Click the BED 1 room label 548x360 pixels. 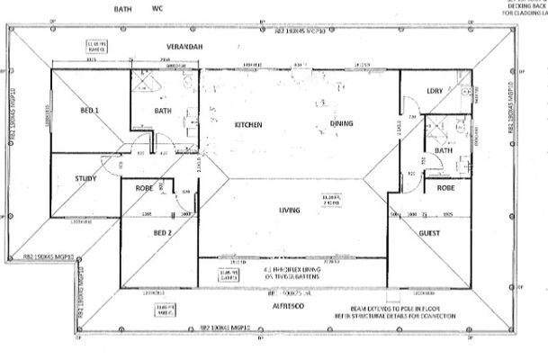point(88,111)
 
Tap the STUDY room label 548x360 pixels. point(85,178)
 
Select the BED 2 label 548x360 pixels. point(162,232)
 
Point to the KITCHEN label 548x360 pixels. point(248,124)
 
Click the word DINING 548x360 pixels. point(341,124)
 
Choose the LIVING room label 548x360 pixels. point(289,210)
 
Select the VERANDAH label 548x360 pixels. point(184,45)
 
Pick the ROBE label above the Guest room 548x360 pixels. point(445,190)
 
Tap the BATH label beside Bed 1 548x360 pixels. point(163,112)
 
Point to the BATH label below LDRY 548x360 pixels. point(443,150)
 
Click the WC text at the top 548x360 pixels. point(157,8)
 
